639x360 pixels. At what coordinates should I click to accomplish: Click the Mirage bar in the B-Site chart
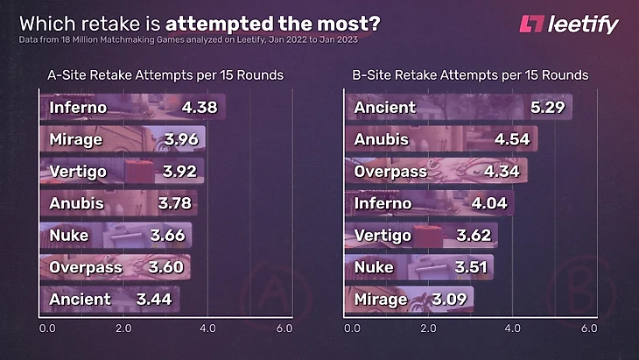(x=412, y=300)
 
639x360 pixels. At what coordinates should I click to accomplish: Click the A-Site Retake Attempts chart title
(x=165, y=75)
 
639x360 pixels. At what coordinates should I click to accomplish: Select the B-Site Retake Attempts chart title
(x=469, y=75)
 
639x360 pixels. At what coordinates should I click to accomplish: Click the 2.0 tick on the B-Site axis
(x=428, y=328)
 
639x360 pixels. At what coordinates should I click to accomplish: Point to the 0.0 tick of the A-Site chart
(x=48, y=328)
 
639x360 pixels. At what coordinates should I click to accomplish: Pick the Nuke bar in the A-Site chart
(x=116, y=236)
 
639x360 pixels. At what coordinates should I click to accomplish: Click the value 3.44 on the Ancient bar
(x=154, y=300)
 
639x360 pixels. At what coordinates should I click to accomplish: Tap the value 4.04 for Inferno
(x=491, y=204)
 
